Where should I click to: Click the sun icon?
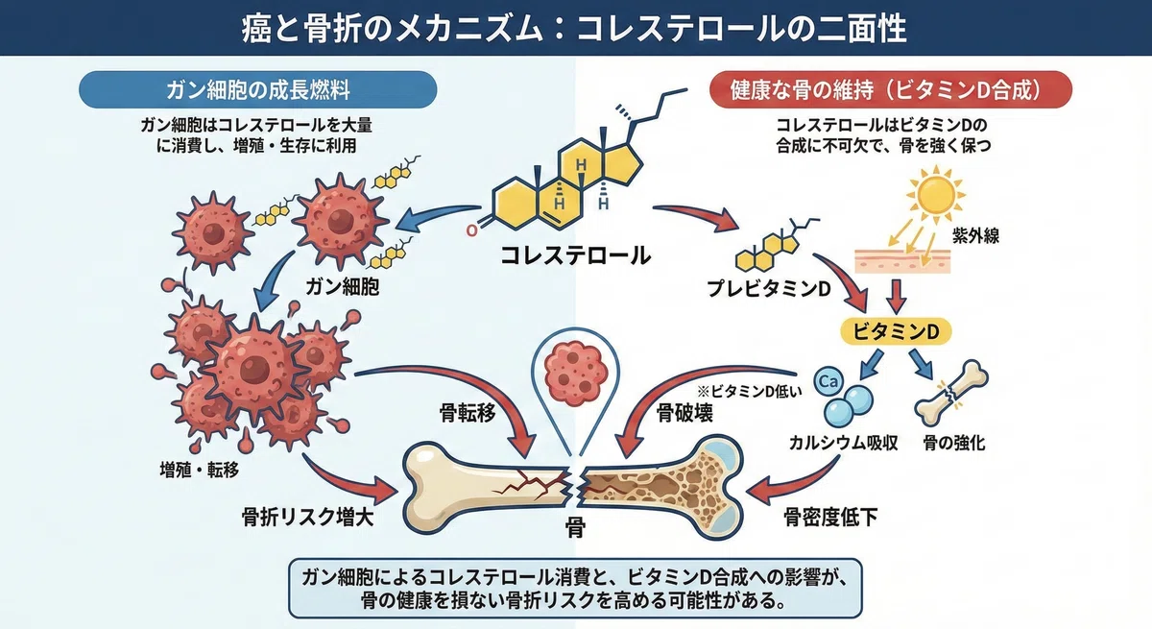[935, 195]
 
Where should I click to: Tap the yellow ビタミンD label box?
[896, 331]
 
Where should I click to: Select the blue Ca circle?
[828, 381]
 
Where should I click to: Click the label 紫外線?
[975, 235]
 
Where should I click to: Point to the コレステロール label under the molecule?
[575, 255]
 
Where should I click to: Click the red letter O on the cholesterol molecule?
[471, 230]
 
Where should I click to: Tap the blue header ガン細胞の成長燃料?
[257, 89]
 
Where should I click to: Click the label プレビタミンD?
[769, 289]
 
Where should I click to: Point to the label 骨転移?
[468, 413]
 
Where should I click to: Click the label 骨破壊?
[684, 413]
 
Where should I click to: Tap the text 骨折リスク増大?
[307, 518]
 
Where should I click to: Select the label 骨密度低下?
[830, 518]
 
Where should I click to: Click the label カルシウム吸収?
[844, 443]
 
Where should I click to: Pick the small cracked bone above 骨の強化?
[951, 393]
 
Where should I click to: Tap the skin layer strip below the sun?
[902, 260]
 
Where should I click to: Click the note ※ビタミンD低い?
[750, 392]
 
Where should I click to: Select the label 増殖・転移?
[200, 470]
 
